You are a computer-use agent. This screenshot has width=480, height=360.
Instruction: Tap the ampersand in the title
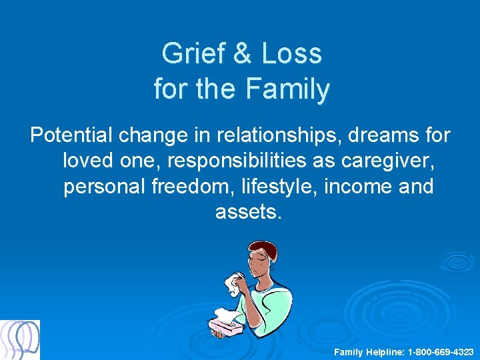243,53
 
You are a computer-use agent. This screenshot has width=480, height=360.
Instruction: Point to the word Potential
71,135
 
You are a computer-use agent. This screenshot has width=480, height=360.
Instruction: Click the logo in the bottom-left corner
20,339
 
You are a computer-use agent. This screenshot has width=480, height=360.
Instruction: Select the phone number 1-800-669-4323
440,351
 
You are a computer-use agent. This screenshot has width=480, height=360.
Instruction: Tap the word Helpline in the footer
383,351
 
